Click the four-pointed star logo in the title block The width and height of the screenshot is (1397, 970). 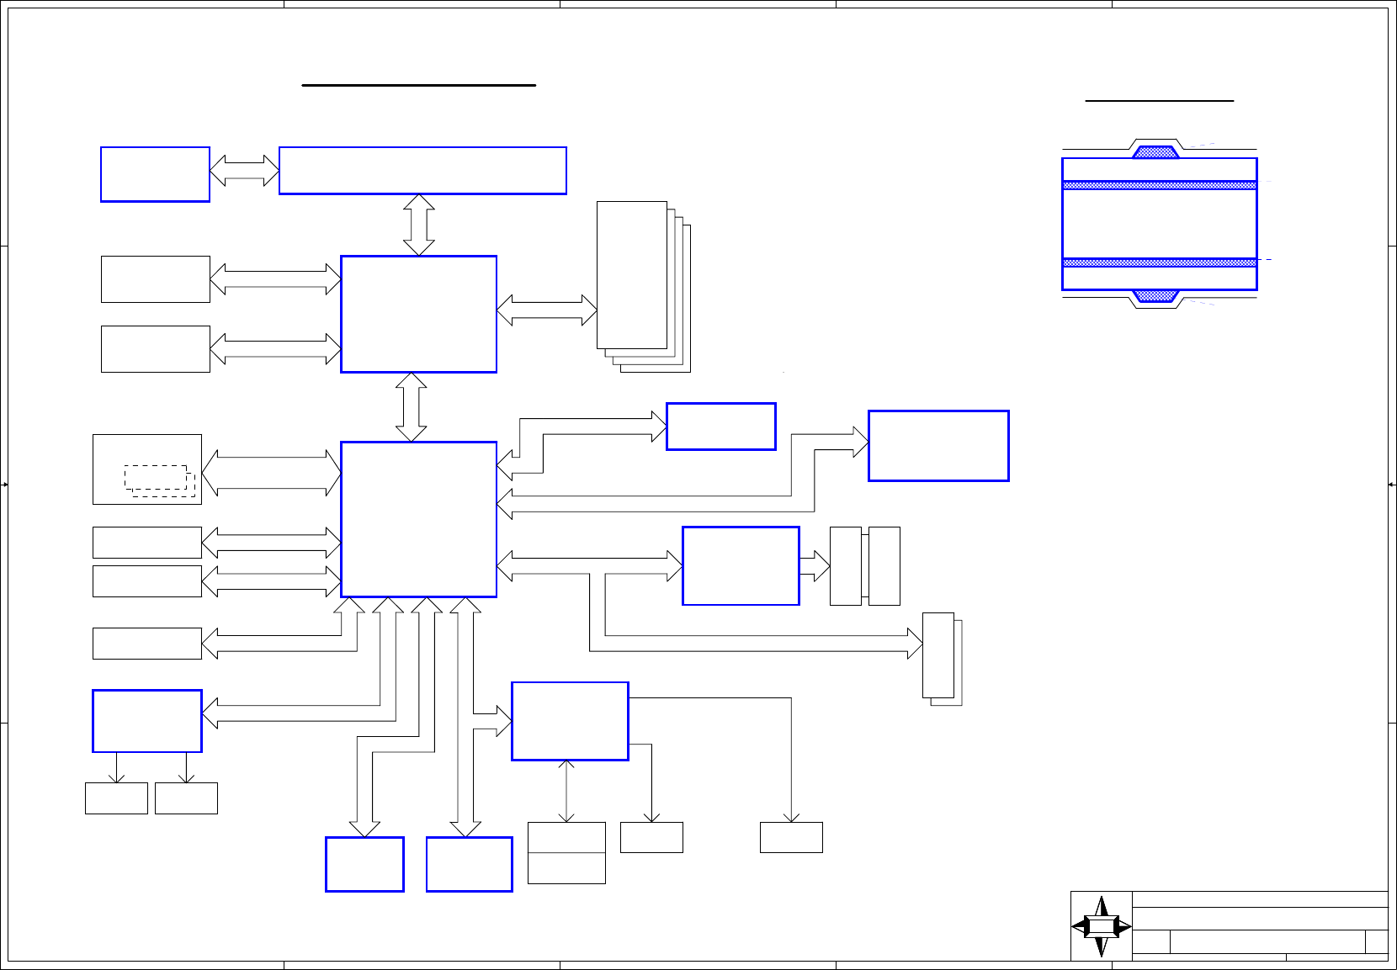(1101, 926)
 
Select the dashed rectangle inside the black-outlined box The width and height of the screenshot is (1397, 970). (157, 477)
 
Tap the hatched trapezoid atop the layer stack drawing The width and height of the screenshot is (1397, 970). (1155, 152)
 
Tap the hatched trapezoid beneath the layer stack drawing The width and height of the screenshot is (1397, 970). (1155, 296)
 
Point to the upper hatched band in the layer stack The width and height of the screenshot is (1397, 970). (1159, 185)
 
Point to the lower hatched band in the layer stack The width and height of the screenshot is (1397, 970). (1159, 262)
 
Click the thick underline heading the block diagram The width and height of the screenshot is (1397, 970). (418, 85)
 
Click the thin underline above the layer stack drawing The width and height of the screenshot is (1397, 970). (1159, 101)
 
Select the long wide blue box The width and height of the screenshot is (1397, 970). (422, 171)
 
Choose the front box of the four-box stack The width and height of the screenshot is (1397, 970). (631, 274)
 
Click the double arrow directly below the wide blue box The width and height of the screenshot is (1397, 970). (418, 225)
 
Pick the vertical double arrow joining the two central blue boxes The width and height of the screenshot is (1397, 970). (411, 407)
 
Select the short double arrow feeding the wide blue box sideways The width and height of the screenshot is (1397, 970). (244, 170)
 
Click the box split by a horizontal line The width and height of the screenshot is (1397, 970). (566, 852)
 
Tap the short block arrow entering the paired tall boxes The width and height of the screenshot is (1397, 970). (814, 566)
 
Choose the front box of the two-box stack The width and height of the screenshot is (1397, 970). (938, 655)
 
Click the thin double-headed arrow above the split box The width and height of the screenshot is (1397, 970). (566, 791)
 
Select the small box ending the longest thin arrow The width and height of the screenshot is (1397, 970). (791, 837)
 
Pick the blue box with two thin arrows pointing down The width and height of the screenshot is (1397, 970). (147, 721)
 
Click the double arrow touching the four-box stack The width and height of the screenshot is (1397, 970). (546, 310)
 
